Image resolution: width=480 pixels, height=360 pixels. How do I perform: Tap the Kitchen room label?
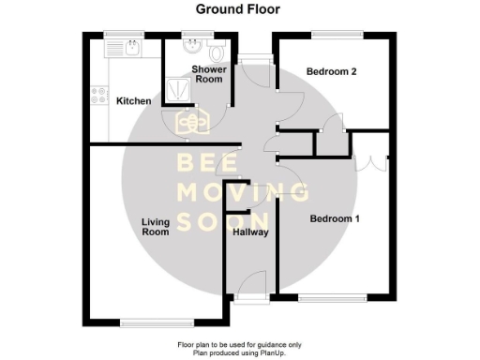pos(133,100)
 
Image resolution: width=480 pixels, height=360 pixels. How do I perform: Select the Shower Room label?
pos(208,74)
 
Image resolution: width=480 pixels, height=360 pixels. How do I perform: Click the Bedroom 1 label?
pos(336,218)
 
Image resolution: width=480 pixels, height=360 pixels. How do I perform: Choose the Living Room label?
pos(155,226)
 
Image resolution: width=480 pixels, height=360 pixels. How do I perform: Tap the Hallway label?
pos(250,232)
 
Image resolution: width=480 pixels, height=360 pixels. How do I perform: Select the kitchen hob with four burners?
pos(97,94)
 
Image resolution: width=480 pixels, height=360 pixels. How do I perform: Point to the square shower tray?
pos(177,87)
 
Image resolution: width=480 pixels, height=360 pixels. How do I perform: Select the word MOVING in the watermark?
pos(242,193)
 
